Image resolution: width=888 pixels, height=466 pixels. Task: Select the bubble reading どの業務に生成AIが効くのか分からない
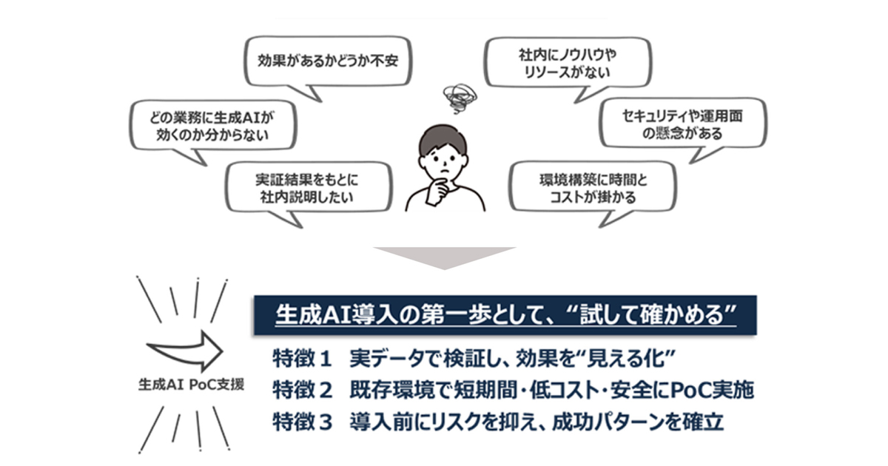[x=201, y=126]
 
